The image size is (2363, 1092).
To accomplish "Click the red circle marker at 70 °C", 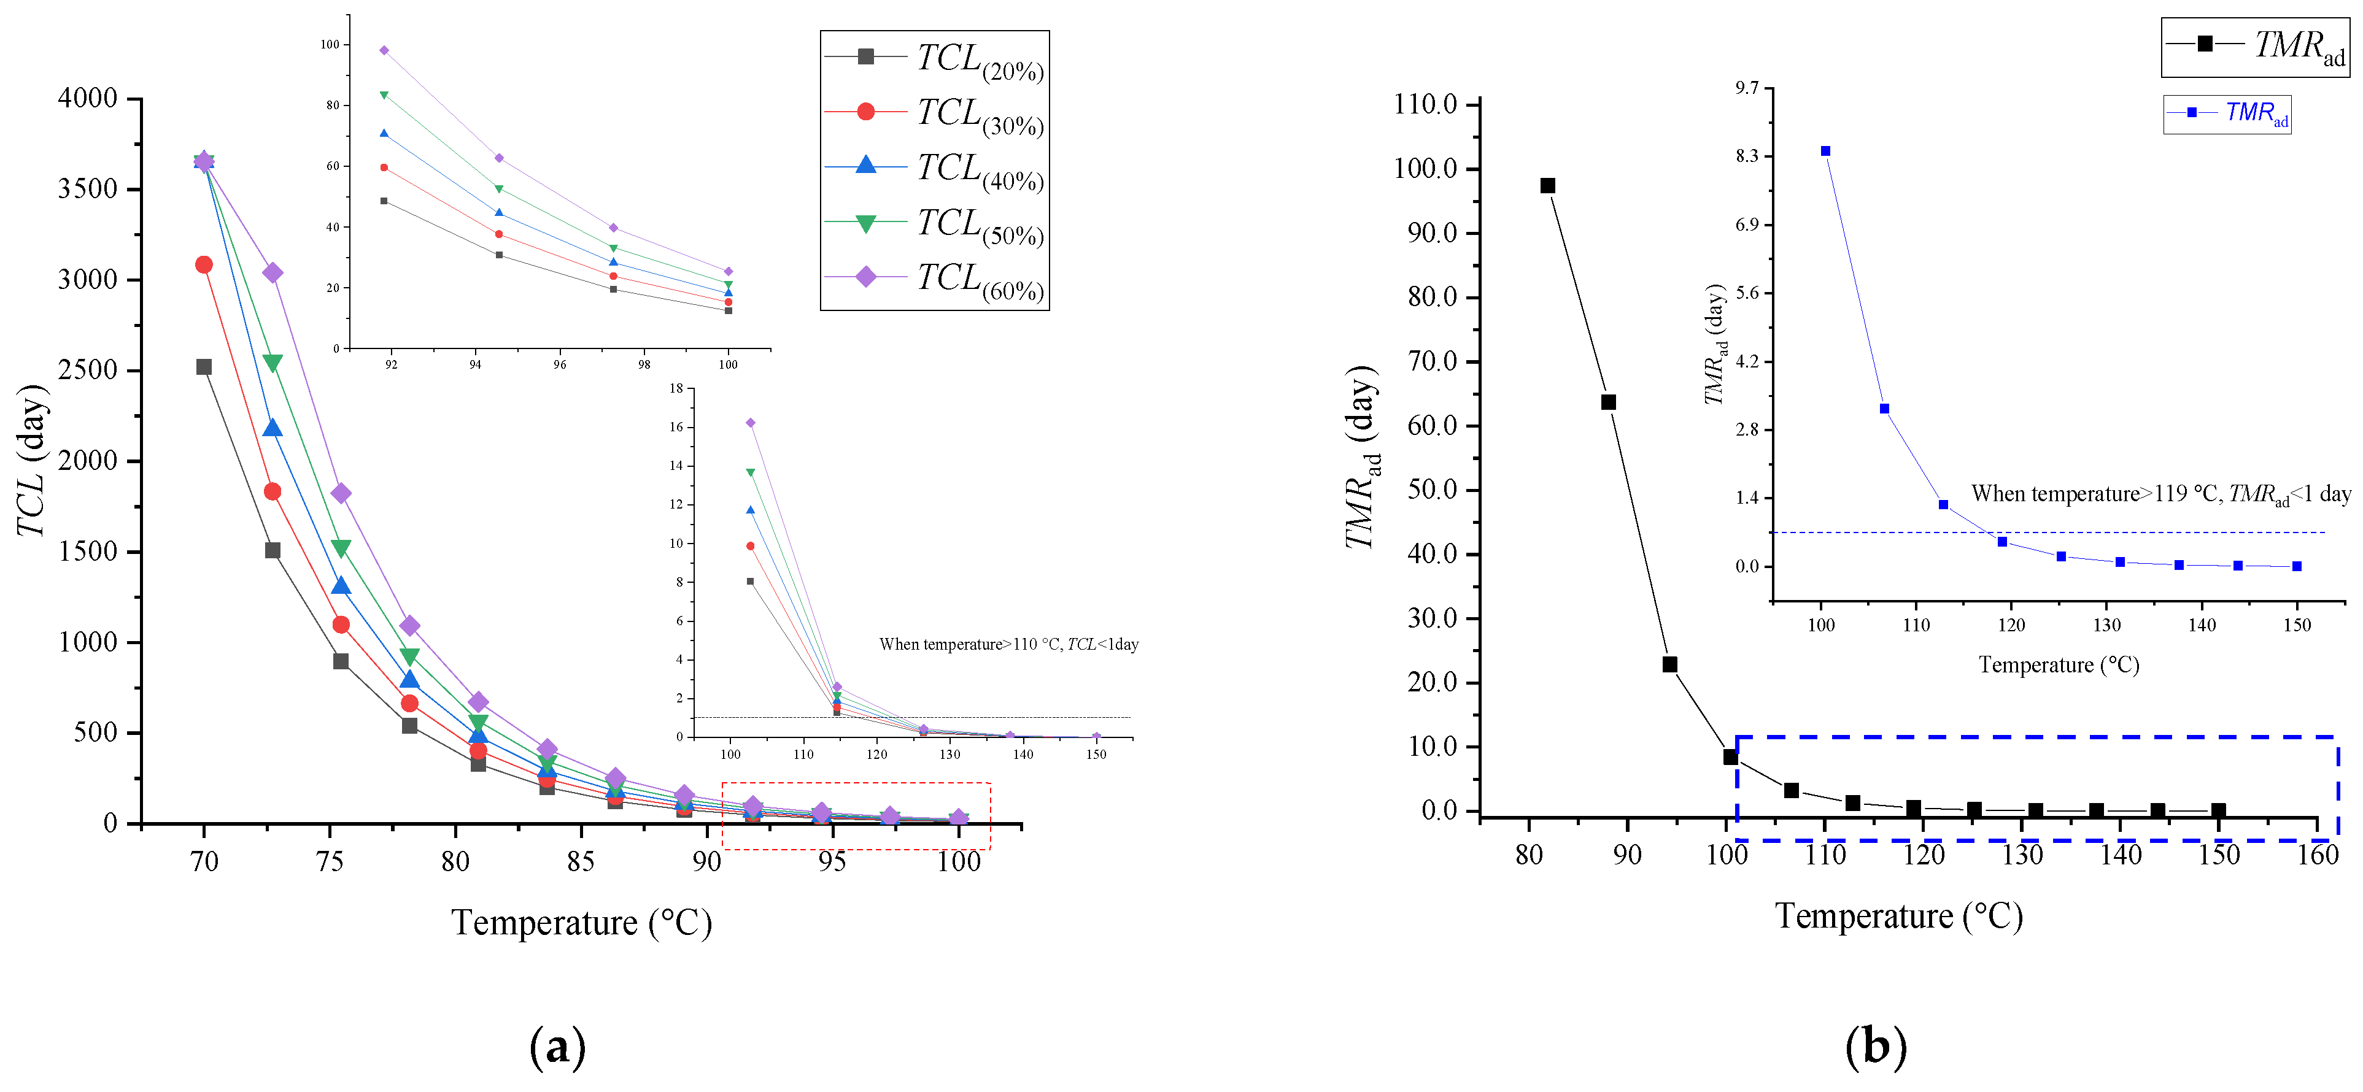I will click(x=204, y=265).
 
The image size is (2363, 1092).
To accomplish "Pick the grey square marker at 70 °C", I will click(x=204, y=367).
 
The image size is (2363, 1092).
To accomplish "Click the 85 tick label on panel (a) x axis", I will click(x=581, y=862).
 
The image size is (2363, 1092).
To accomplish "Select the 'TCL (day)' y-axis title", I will click(x=31, y=460).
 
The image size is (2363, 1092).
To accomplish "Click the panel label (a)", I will click(x=557, y=1046).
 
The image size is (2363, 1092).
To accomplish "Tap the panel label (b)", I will click(x=1875, y=1046).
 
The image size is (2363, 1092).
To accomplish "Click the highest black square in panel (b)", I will click(x=1547, y=186).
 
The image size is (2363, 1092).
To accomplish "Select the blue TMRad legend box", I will click(x=2227, y=115).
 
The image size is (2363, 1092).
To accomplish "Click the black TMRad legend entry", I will click(x=2255, y=47).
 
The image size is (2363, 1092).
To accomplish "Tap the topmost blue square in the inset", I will click(x=1825, y=152).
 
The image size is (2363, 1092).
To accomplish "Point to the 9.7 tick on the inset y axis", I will click(x=1747, y=88).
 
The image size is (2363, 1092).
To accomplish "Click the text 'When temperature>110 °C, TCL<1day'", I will click(x=1009, y=645).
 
